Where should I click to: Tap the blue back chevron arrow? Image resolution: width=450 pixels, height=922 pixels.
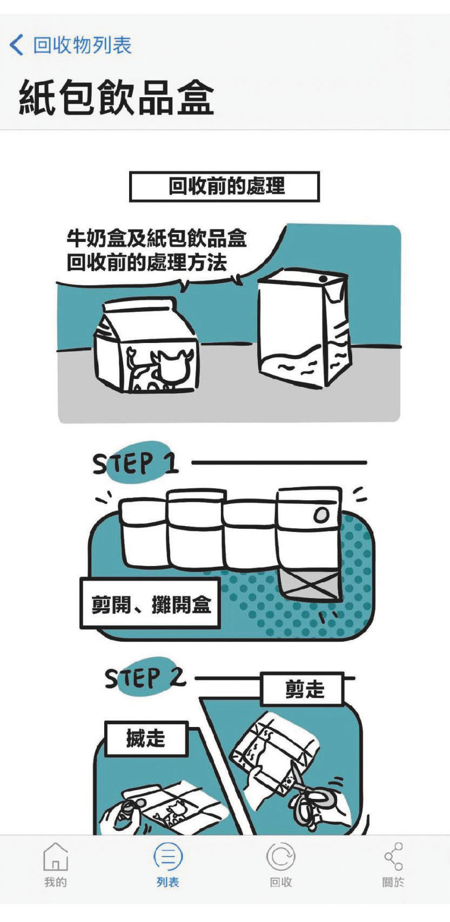(x=17, y=45)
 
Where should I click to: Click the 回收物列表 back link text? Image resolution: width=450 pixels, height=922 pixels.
(x=82, y=45)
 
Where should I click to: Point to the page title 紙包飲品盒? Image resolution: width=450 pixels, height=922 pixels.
(x=117, y=98)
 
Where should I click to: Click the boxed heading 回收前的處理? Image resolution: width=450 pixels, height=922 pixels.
(x=225, y=187)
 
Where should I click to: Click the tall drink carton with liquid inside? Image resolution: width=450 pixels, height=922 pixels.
(x=304, y=329)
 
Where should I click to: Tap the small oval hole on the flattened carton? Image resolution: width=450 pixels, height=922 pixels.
(x=321, y=515)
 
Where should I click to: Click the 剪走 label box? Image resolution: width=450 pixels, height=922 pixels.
(x=303, y=689)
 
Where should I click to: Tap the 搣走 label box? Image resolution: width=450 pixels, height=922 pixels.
(x=146, y=738)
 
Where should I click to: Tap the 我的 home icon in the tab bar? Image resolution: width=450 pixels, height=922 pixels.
(x=55, y=857)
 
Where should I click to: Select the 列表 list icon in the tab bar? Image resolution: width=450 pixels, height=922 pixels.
(x=168, y=857)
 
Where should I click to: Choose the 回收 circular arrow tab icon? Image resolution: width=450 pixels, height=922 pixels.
(x=280, y=857)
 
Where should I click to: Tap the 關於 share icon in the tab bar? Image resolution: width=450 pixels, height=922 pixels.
(x=393, y=857)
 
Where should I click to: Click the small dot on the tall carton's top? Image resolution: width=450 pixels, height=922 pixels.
(x=324, y=279)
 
